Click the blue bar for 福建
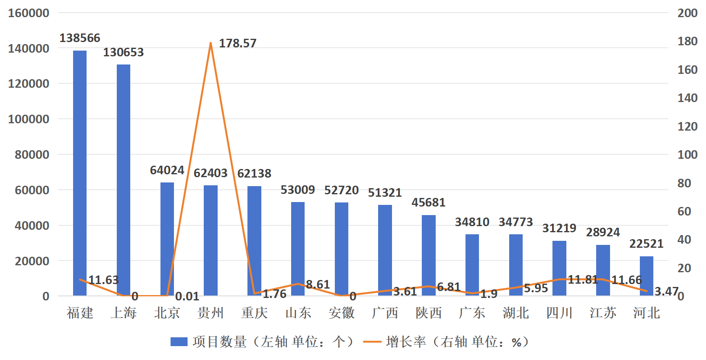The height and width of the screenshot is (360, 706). pos(80,173)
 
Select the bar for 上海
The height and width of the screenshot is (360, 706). pos(124,180)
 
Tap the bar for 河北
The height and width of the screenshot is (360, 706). pos(646,276)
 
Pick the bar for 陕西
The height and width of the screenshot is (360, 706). pos(428,255)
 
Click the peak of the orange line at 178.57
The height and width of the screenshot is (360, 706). pos(211,43)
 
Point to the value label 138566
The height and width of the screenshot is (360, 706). pos(80,38)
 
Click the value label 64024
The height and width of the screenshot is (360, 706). pos(167,170)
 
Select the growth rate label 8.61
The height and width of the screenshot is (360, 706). pos(318,284)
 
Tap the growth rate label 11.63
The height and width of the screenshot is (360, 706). pos(103,280)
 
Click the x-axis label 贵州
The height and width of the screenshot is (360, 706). pos(211,313)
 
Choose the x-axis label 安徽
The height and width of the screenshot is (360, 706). pos(341,313)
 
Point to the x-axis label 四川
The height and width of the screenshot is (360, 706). pos(559,313)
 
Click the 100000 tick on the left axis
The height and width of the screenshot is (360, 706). pos(29,119)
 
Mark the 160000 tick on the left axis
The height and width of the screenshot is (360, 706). pos(29,13)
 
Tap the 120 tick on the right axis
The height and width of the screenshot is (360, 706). pos(688,127)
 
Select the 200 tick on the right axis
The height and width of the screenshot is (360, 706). pos(688,13)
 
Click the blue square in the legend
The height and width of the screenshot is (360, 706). pos(179,342)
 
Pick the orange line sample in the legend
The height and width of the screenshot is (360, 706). pos(372,342)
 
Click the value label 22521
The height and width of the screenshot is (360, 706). pos(646,244)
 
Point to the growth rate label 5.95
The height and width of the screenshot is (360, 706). pos(536,288)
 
